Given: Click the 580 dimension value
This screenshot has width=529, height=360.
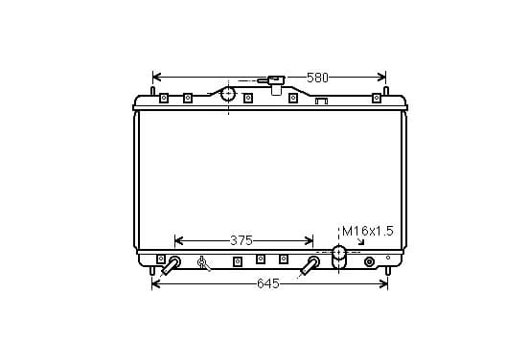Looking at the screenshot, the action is coord(317,78).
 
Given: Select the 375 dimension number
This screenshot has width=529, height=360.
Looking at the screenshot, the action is coord(241,240).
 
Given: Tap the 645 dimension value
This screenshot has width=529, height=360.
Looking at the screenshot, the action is coord(268,283).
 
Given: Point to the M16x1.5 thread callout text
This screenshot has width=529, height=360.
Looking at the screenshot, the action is coord(368,232).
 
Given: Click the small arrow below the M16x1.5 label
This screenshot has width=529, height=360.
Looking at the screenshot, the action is coord(361,241).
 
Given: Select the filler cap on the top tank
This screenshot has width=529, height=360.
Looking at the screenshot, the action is coord(276,84).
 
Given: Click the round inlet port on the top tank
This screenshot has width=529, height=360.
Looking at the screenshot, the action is coord(229,94).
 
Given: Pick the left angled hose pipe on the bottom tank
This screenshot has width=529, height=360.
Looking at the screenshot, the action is coord(172,265).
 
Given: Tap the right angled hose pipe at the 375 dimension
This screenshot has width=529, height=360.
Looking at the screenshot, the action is coord(310,265).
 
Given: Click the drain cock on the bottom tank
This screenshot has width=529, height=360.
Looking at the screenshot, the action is coord(203,263).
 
